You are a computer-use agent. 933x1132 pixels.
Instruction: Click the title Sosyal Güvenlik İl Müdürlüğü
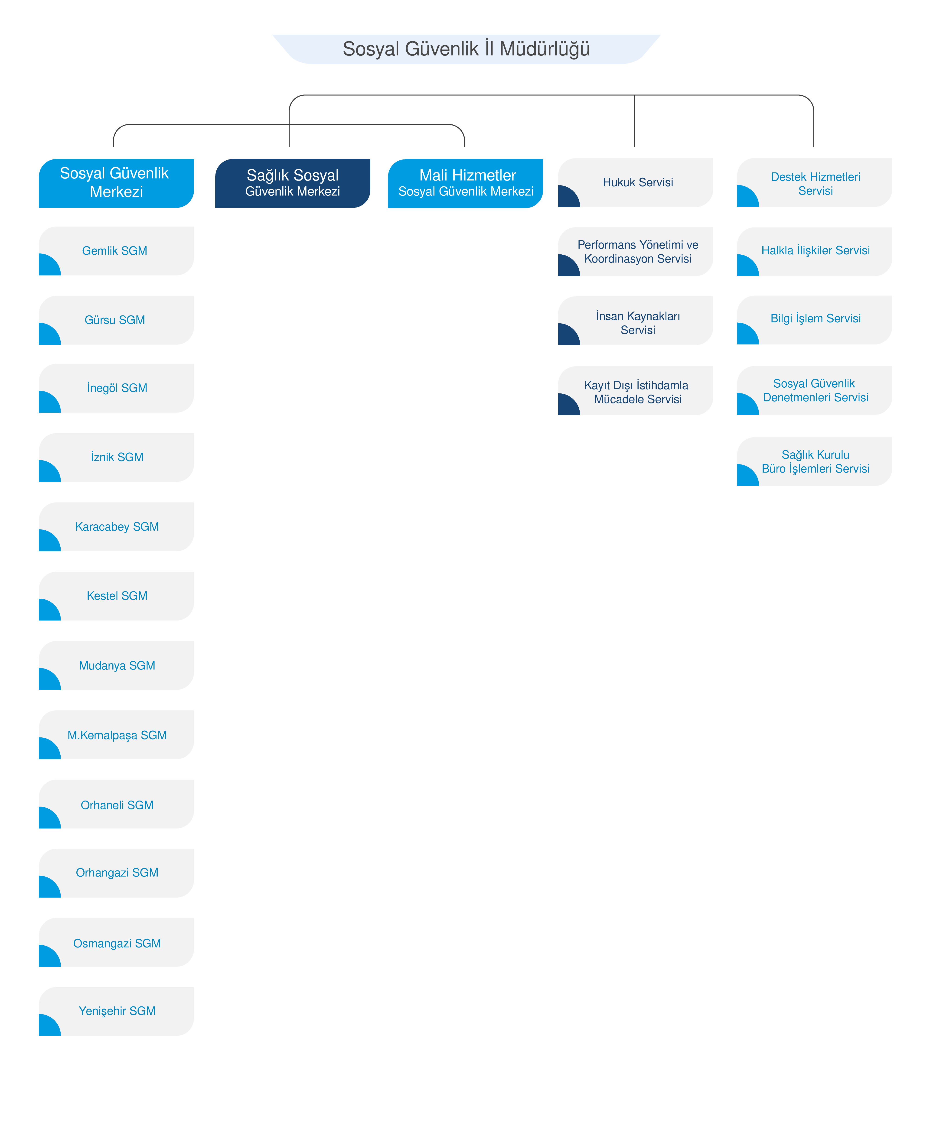466,49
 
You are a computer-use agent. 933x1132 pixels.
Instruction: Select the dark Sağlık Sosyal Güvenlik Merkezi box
292,183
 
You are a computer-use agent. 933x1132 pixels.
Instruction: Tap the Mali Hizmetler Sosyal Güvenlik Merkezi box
465,183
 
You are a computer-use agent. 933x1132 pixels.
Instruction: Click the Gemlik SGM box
116,251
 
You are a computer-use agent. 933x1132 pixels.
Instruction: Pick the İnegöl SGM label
117,388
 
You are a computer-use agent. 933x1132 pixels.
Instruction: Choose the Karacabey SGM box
116,526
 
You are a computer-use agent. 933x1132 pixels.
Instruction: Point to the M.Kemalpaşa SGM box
116,734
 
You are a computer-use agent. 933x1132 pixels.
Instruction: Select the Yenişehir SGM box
116,1011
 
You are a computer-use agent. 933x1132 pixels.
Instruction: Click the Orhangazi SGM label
117,873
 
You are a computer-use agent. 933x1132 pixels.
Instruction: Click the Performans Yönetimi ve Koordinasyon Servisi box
635,251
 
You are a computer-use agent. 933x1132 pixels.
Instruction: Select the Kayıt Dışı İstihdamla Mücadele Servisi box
635,391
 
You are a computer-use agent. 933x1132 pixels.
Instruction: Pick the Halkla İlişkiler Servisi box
814,251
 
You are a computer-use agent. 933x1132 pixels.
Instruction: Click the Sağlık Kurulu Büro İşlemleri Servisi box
814,461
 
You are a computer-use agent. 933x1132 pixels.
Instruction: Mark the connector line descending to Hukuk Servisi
635,121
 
